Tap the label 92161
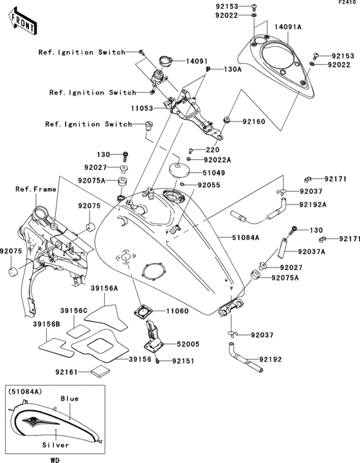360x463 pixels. (68, 372)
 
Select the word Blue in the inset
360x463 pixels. (69, 399)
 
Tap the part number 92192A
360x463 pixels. (313, 205)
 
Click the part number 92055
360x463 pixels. (210, 185)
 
